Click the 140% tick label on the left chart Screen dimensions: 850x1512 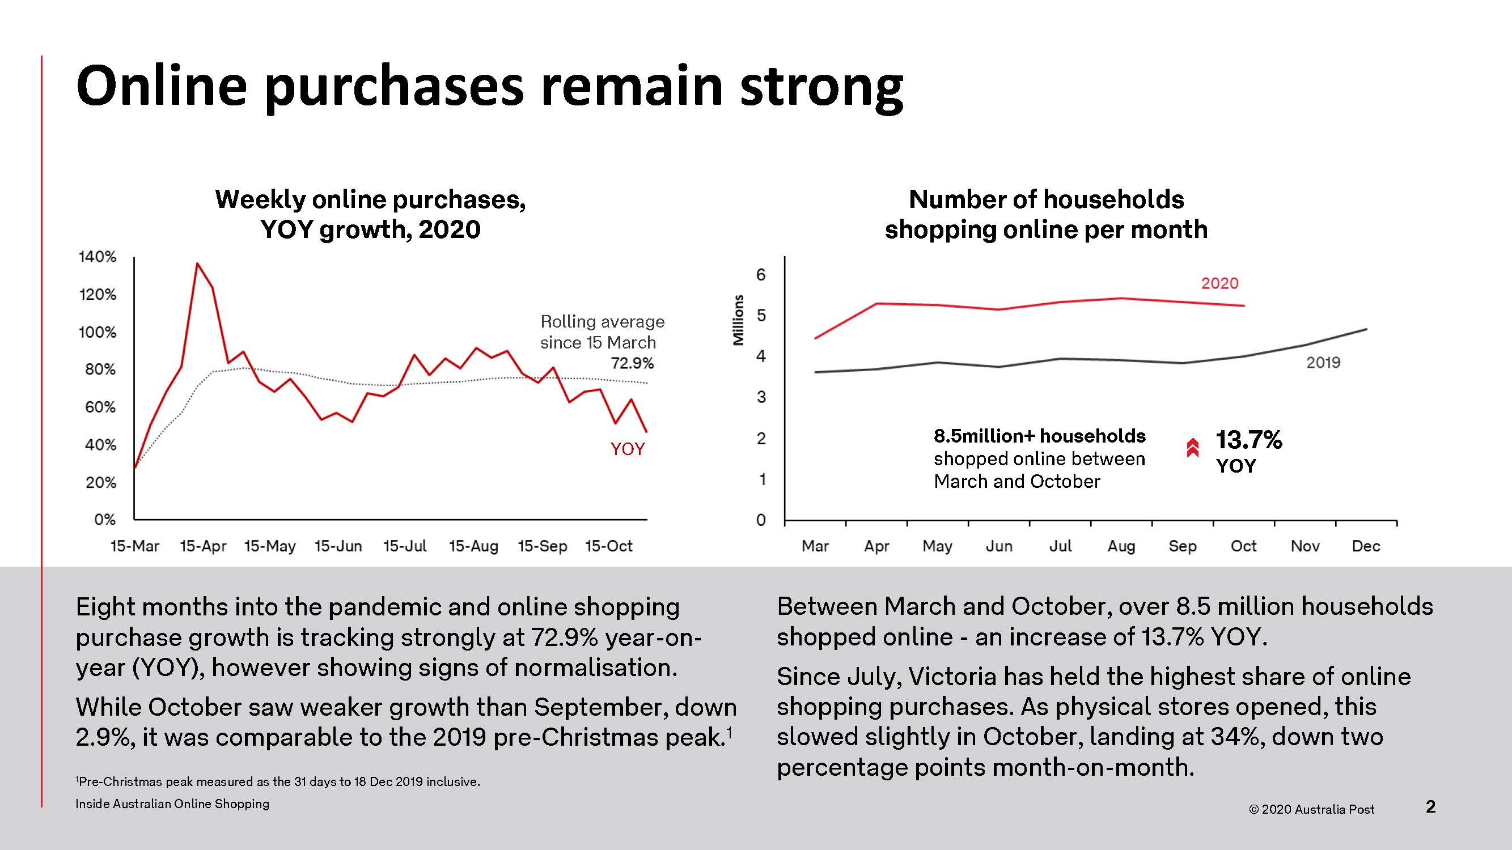98,257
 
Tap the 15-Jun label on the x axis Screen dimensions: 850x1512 338,546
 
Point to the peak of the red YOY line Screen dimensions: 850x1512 197,263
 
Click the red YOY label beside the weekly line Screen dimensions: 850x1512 628,449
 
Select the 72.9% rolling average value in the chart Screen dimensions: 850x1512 632,364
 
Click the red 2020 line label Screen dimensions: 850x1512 1219,283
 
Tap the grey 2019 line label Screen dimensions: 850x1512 1323,363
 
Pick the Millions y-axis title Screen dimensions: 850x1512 738,320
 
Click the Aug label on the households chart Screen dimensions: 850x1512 1121,546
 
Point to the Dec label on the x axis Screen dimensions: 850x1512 1366,546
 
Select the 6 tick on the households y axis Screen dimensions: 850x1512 761,274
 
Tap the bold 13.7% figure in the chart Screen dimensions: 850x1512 1248,440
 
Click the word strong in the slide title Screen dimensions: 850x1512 821,87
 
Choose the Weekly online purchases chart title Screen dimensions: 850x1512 370,214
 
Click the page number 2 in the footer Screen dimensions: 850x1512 1430,806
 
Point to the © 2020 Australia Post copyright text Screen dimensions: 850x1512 1311,810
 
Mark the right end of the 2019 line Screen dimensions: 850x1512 1367,329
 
